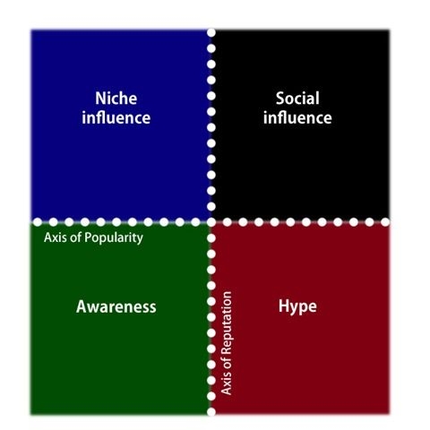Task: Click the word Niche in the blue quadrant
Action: tap(116, 99)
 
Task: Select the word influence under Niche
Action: tap(116, 117)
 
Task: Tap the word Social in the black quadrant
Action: tap(297, 99)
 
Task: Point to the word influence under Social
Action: tap(297, 117)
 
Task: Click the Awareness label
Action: tap(116, 306)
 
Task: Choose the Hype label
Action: tap(297, 307)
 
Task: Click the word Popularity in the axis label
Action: tap(114, 238)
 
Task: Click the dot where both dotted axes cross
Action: tap(211, 222)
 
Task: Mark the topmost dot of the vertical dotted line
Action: tap(211, 32)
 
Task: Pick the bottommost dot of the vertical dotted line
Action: tap(211, 412)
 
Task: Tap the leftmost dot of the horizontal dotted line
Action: tap(38, 222)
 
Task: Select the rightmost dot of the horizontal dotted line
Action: tap(385, 222)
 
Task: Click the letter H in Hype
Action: tap(284, 306)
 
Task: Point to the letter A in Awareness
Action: tap(82, 306)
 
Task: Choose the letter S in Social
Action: tap(280, 99)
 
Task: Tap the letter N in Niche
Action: tap(100, 99)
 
